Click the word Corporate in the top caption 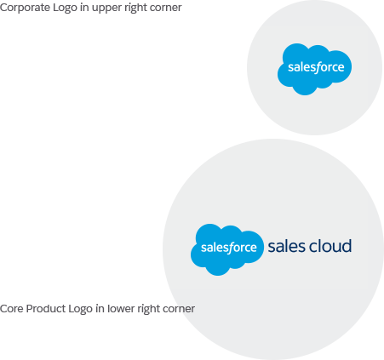coord(25,8)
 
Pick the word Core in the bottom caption coord(11,309)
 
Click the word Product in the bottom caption coord(46,309)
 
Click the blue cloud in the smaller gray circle coord(314,69)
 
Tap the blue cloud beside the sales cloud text coord(227,249)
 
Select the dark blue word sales coord(286,246)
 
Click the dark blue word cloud coord(330,246)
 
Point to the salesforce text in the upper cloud coord(316,67)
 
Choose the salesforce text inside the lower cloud coord(229,248)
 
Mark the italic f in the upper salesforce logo coord(317,68)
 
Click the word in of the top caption coord(84,8)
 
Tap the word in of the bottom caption coord(100,309)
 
